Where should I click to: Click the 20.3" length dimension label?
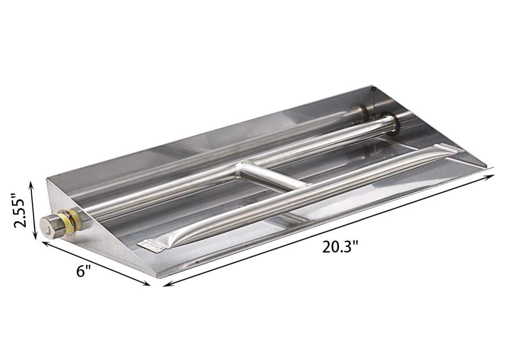point(341,247)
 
